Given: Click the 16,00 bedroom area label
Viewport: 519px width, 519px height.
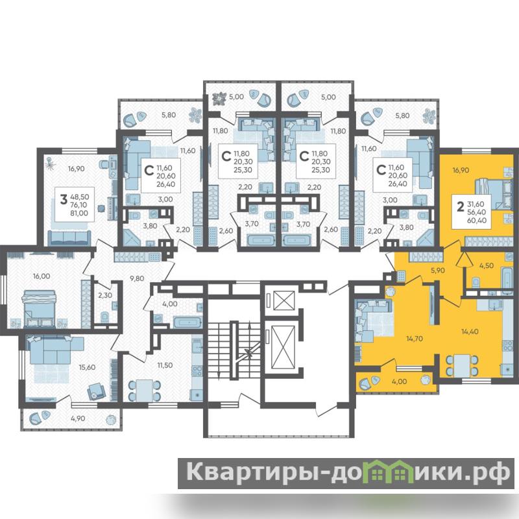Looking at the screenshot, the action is [x=42, y=276].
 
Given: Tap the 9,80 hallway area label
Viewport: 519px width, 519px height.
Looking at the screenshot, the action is [x=137, y=278].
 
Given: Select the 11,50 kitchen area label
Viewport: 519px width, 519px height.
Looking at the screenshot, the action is [x=165, y=365].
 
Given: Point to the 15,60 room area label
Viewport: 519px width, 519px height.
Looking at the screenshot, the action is [x=87, y=367].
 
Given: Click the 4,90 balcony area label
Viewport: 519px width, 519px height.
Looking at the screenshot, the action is [x=78, y=418].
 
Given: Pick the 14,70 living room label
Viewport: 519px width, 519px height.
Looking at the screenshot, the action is [x=415, y=339].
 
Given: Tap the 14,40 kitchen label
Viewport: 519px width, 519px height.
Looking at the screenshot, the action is [x=470, y=332].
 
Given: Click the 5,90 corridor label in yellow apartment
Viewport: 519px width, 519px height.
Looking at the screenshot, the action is [x=437, y=270].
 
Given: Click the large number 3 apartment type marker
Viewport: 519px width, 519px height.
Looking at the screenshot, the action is [x=64, y=200].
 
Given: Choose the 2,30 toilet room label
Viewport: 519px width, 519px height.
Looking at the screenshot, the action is [x=105, y=295].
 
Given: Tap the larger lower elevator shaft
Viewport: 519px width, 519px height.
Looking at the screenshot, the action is [x=283, y=347].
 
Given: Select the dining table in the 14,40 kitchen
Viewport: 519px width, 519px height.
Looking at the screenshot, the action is [x=461, y=365].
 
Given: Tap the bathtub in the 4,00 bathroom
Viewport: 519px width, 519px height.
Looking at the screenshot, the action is [x=187, y=322].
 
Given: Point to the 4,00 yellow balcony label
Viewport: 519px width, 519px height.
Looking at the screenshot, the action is [x=399, y=381].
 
